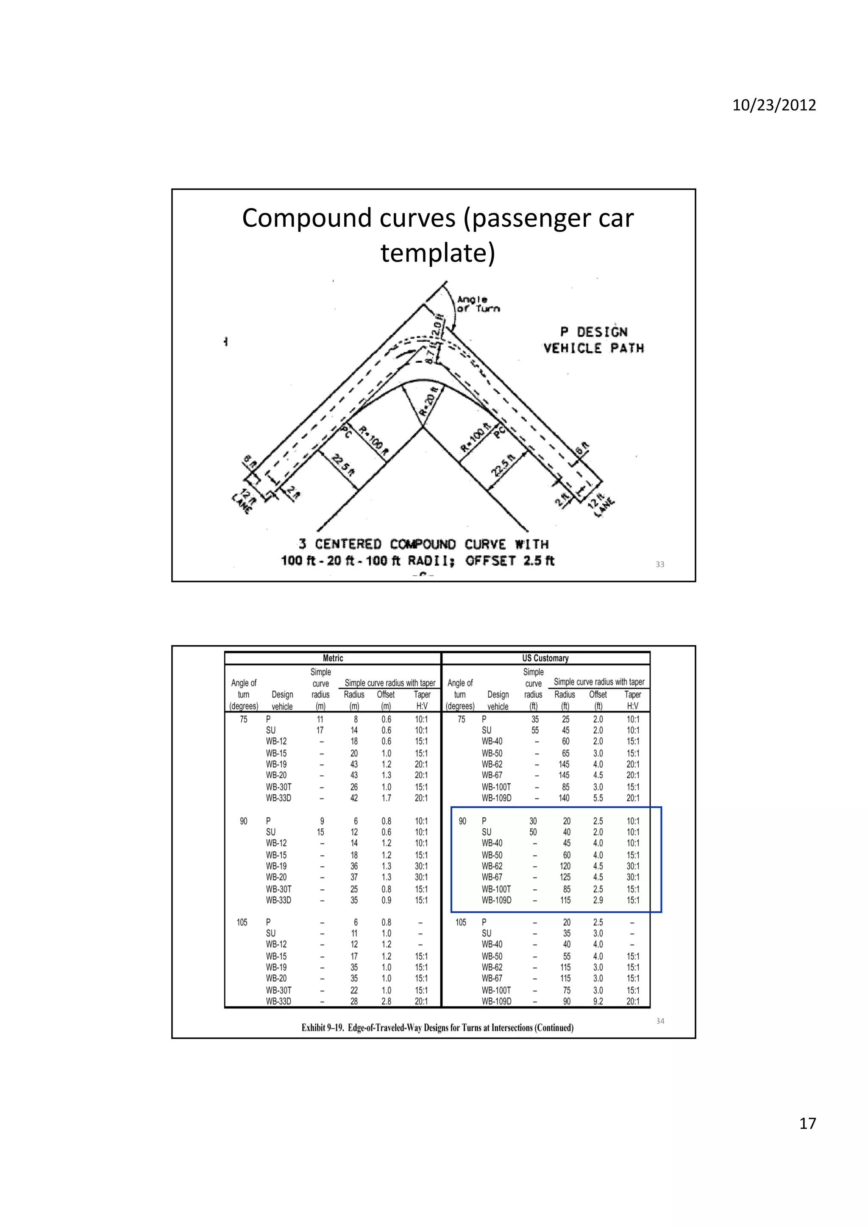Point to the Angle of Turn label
[x=478, y=304]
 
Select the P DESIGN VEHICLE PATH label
[x=594, y=340]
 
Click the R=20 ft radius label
[x=428, y=401]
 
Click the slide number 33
[x=660, y=564]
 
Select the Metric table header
[x=333, y=658]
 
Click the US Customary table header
[x=545, y=658]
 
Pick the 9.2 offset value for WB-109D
[x=598, y=1001]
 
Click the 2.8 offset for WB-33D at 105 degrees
[x=386, y=1001]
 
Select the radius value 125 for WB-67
[x=565, y=877]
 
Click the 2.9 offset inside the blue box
[x=598, y=900]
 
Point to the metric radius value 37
[x=354, y=877]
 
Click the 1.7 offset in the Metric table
[x=386, y=798]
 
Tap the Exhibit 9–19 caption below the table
[x=437, y=1028]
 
